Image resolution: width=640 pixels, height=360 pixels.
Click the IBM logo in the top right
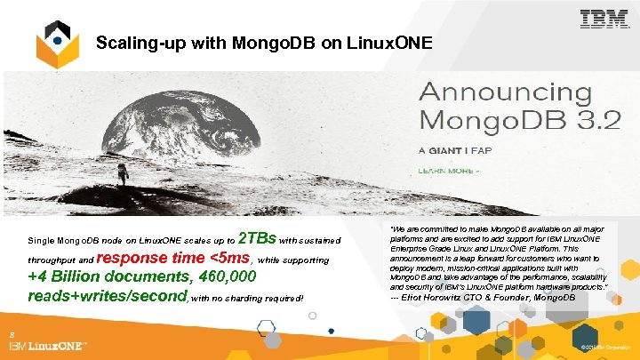click(604, 20)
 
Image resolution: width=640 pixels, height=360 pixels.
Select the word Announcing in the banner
click(505, 92)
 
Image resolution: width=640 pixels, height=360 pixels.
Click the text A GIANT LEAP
click(448, 150)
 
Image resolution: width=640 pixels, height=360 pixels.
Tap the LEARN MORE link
click(450, 170)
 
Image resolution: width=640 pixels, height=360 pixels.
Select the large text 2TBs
click(258, 237)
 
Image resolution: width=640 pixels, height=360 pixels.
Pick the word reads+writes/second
click(106, 295)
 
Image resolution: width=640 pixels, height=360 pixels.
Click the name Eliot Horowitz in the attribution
click(441, 296)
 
